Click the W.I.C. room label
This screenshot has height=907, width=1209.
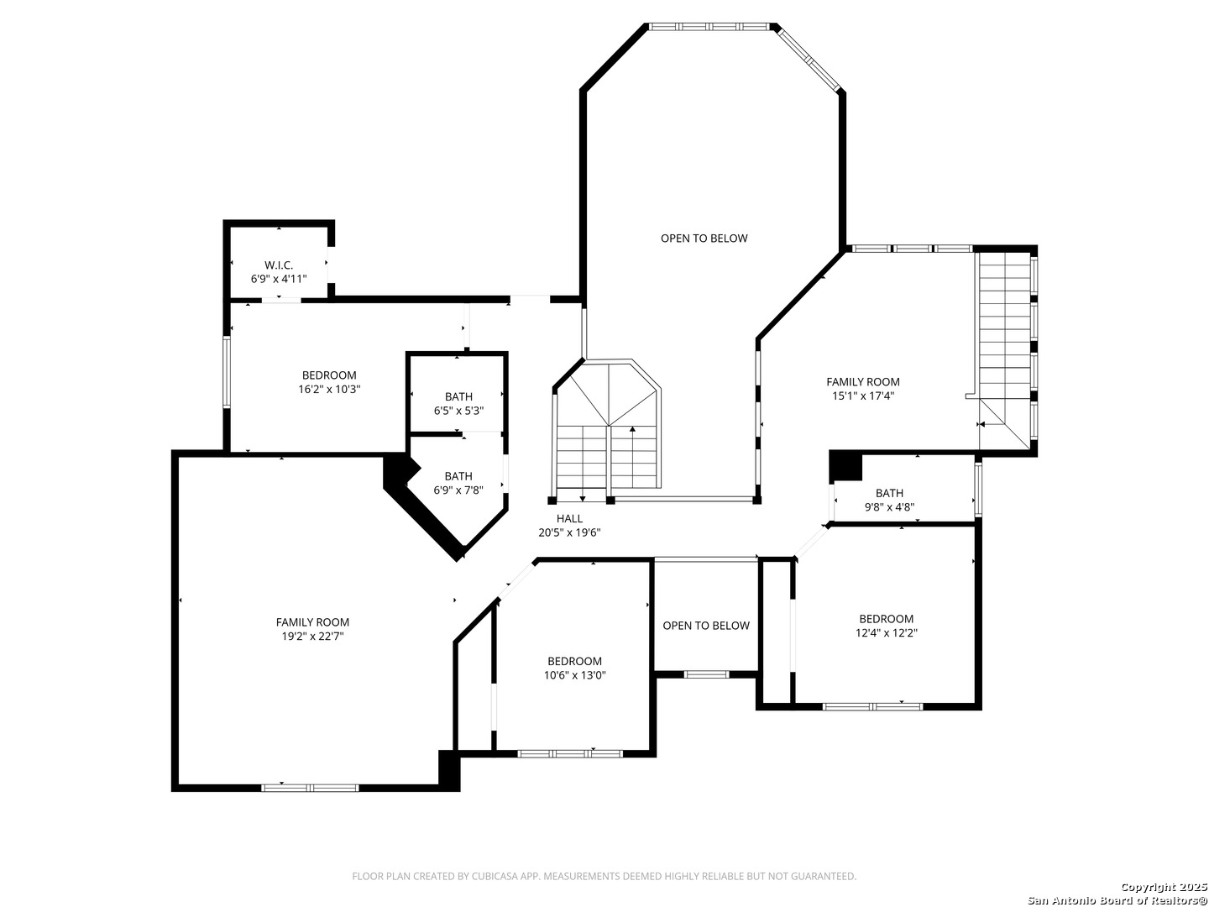coord(279,265)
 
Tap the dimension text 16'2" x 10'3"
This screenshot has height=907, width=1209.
coord(329,390)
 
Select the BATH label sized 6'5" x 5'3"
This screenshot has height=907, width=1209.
coord(458,396)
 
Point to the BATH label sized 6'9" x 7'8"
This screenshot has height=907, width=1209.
coord(458,476)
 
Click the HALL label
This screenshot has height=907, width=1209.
coord(569,518)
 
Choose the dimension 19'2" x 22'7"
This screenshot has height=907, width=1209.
coord(313,636)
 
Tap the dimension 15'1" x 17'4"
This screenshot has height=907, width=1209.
coord(863,396)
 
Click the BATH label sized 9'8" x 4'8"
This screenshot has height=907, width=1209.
coord(889,493)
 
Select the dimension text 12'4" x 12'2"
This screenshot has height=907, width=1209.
coord(887,632)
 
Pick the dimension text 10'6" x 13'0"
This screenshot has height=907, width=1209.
coord(575,675)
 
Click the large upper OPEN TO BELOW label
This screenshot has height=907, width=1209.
coord(704,238)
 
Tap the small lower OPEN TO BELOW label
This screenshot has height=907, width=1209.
coord(706,625)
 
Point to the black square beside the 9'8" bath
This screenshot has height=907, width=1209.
coord(845,466)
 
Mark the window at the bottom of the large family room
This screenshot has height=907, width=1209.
coord(310,788)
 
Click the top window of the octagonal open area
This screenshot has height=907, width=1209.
coord(709,26)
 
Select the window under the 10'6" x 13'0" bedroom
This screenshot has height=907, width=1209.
coord(570,754)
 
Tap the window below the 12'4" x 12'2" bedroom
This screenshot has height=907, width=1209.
coord(873,706)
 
